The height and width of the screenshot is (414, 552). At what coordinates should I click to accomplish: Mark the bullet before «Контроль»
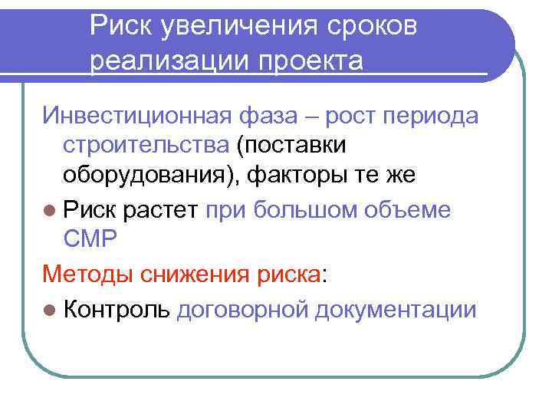[50, 310]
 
